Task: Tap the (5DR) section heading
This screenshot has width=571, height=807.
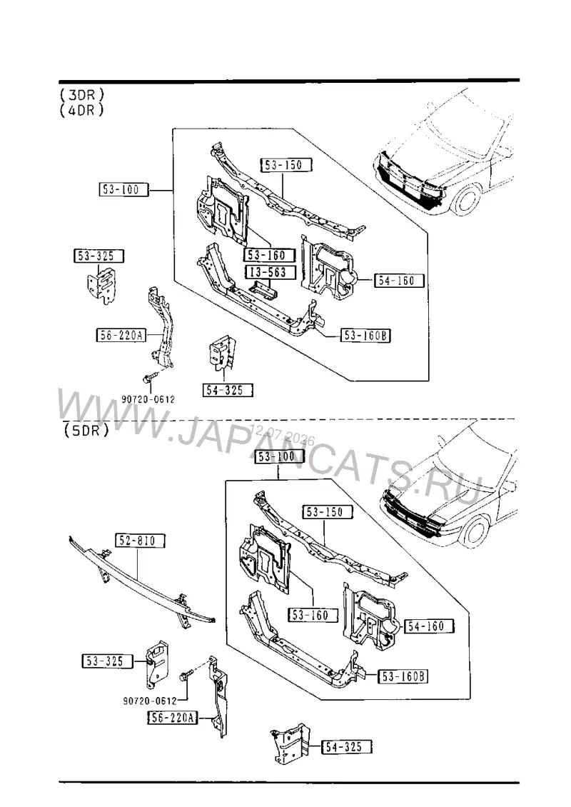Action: coord(86,430)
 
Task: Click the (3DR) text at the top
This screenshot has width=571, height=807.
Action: coord(82,95)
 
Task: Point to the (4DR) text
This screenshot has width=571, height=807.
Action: coord(82,110)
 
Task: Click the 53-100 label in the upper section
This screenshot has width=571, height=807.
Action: coord(123,189)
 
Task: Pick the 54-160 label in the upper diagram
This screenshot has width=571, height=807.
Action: coord(399,281)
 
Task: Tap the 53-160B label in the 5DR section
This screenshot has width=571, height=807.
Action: coord(403,676)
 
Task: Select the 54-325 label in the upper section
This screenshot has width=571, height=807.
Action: coord(228,390)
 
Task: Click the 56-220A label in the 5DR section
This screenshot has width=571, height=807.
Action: coord(173,718)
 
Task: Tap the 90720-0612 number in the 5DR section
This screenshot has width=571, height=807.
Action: coord(150,701)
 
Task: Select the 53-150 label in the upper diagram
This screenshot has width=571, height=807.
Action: coord(287,165)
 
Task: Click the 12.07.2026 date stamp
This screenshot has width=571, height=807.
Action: coord(282,436)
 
